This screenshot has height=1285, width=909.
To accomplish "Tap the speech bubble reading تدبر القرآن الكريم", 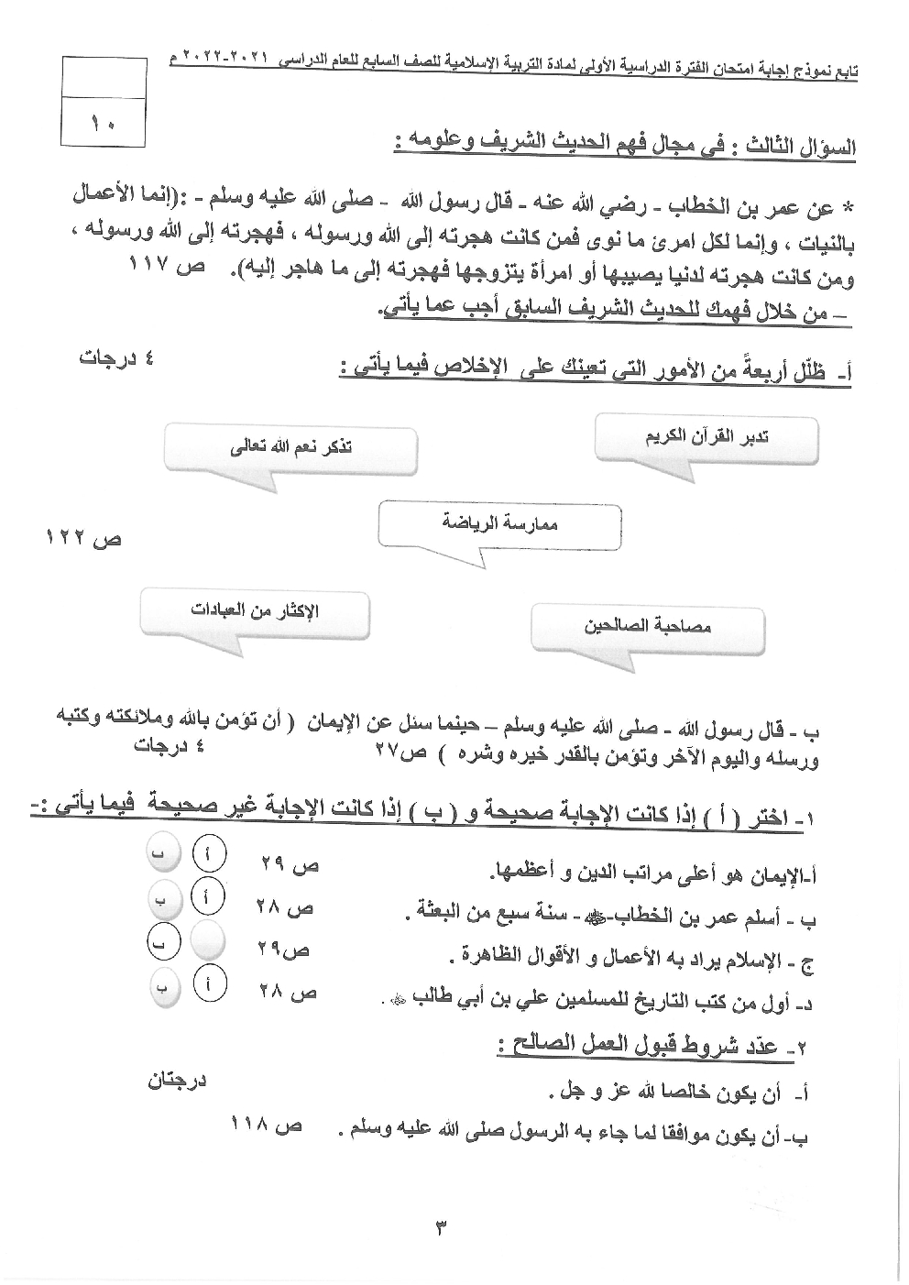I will (x=706, y=438).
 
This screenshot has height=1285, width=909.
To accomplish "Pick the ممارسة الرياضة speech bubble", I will (x=499, y=524).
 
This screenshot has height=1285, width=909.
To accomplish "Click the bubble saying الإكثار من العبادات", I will (x=256, y=611).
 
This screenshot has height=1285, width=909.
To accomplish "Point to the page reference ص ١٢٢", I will (x=83, y=539).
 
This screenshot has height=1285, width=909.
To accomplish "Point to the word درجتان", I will (x=177, y=1082).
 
